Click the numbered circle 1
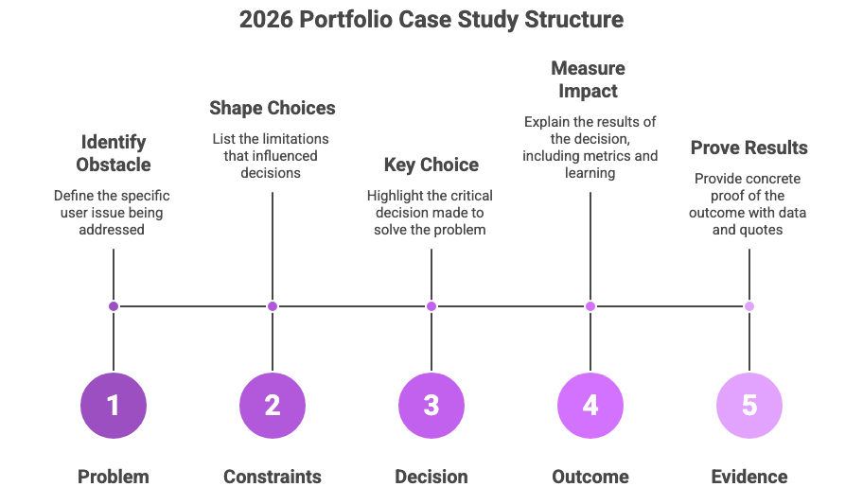(x=114, y=405)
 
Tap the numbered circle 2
(x=273, y=405)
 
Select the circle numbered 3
(x=431, y=405)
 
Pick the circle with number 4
(x=590, y=405)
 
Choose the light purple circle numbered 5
(x=749, y=405)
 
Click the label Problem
(x=114, y=477)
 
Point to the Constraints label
(x=273, y=477)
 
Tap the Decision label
(x=431, y=477)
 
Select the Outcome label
(x=590, y=477)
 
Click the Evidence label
(x=749, y=477)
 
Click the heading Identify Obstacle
(x=114, y=153)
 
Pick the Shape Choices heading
(x=273, y=108)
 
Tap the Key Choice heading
(x=431, y=165)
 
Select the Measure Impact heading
(x=589, y=79)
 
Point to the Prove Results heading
(x=749, y=148)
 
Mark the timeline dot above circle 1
(x=114, y=306)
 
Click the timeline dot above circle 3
(x=431, y=306)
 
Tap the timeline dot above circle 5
(x=749, y=306)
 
